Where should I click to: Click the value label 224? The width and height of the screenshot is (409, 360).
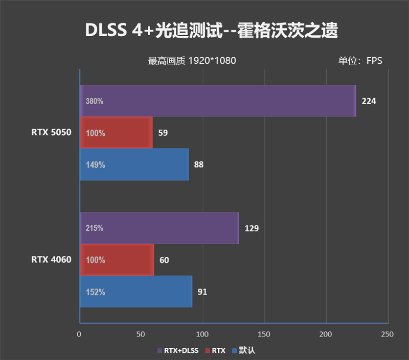click(x=369, y=101)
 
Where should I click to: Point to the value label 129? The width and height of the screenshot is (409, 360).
click(x=252, y=228)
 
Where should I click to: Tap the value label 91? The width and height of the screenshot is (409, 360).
click(x=202, y=292)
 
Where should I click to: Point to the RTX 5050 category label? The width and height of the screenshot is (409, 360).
click(x=51, y=133)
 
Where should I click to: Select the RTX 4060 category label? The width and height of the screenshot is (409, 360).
click(x=51, y=260)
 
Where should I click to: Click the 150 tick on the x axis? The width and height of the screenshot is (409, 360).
click(x=264, y=334)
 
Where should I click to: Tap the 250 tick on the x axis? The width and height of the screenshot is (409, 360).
click(x=388, y=334)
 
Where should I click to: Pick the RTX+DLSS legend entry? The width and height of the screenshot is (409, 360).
click(x=177, y=351)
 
